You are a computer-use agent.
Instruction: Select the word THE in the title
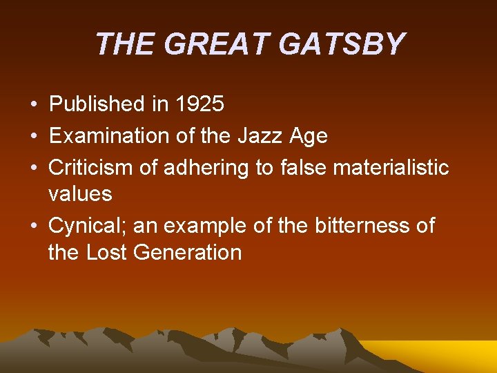[124, 44]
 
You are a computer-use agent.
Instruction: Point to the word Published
[95, 104]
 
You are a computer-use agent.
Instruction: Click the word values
[80, 193]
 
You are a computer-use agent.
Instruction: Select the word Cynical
[88, 226]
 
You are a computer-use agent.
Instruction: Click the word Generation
[188, 252]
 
